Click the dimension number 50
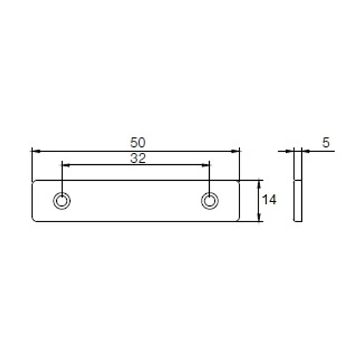pos(138,142)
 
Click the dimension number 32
pos(138,159)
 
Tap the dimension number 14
pos(269,200)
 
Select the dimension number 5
pos(326,142)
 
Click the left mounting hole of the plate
pos(61,201)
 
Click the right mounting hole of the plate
pos(210,201)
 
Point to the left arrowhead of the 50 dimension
pos(36,152)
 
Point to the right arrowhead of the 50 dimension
pos(235,152)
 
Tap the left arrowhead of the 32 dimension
pos(66,165)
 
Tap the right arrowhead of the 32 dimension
pos(205,165)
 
